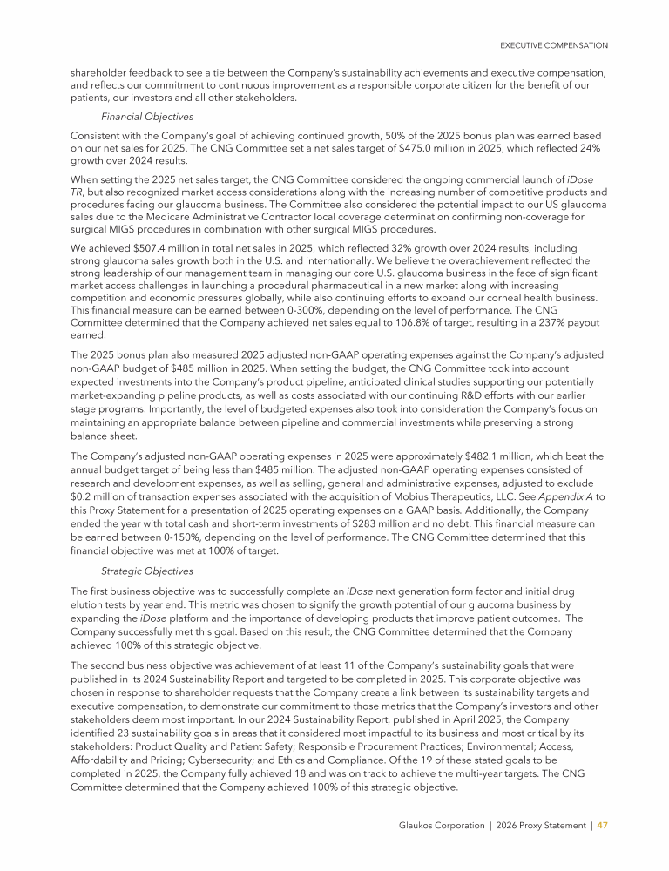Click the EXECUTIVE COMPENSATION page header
coord(553,44)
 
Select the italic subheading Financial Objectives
coord(147,117)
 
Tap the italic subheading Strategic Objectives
coord(146,571)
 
